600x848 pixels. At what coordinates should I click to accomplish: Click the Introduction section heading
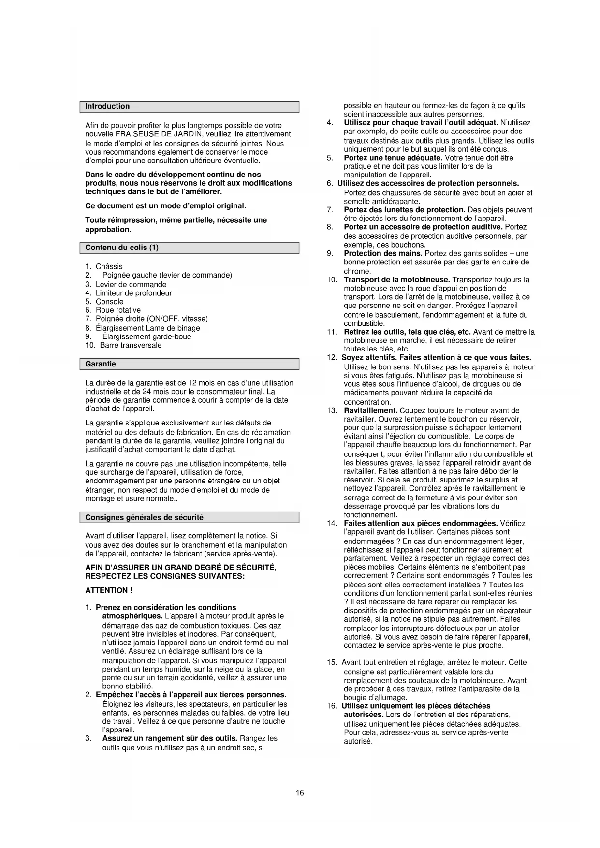tap(107, 106)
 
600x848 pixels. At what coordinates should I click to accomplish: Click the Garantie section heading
tap(101, 364)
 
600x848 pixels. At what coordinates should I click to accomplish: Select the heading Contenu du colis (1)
tap(122, 248)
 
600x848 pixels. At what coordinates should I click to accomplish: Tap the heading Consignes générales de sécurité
tap(144, 517)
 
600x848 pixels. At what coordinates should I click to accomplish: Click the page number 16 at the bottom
tap(300, 793)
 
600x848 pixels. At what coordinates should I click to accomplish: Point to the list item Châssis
tap(109, 266)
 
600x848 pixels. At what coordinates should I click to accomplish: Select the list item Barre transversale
tap(131, 345)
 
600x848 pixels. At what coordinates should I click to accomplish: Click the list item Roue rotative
tap(118, 310)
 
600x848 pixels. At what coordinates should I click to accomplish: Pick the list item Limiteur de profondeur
tap(133, 293)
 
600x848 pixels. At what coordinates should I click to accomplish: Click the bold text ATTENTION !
tap(109, 590)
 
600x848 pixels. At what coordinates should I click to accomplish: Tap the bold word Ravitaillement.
tap(370, 410)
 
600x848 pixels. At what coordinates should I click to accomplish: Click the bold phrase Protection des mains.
tap(383, 253)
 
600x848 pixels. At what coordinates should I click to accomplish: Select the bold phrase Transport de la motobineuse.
tap(396, 279)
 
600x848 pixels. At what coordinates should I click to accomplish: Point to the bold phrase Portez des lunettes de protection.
tap(404, 210)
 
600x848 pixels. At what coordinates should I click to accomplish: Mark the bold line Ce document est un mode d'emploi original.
tap(165, 206)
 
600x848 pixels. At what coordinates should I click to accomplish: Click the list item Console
tap(109, 302)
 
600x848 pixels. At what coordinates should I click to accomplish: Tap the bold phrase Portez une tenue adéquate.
tap(393, 158)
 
